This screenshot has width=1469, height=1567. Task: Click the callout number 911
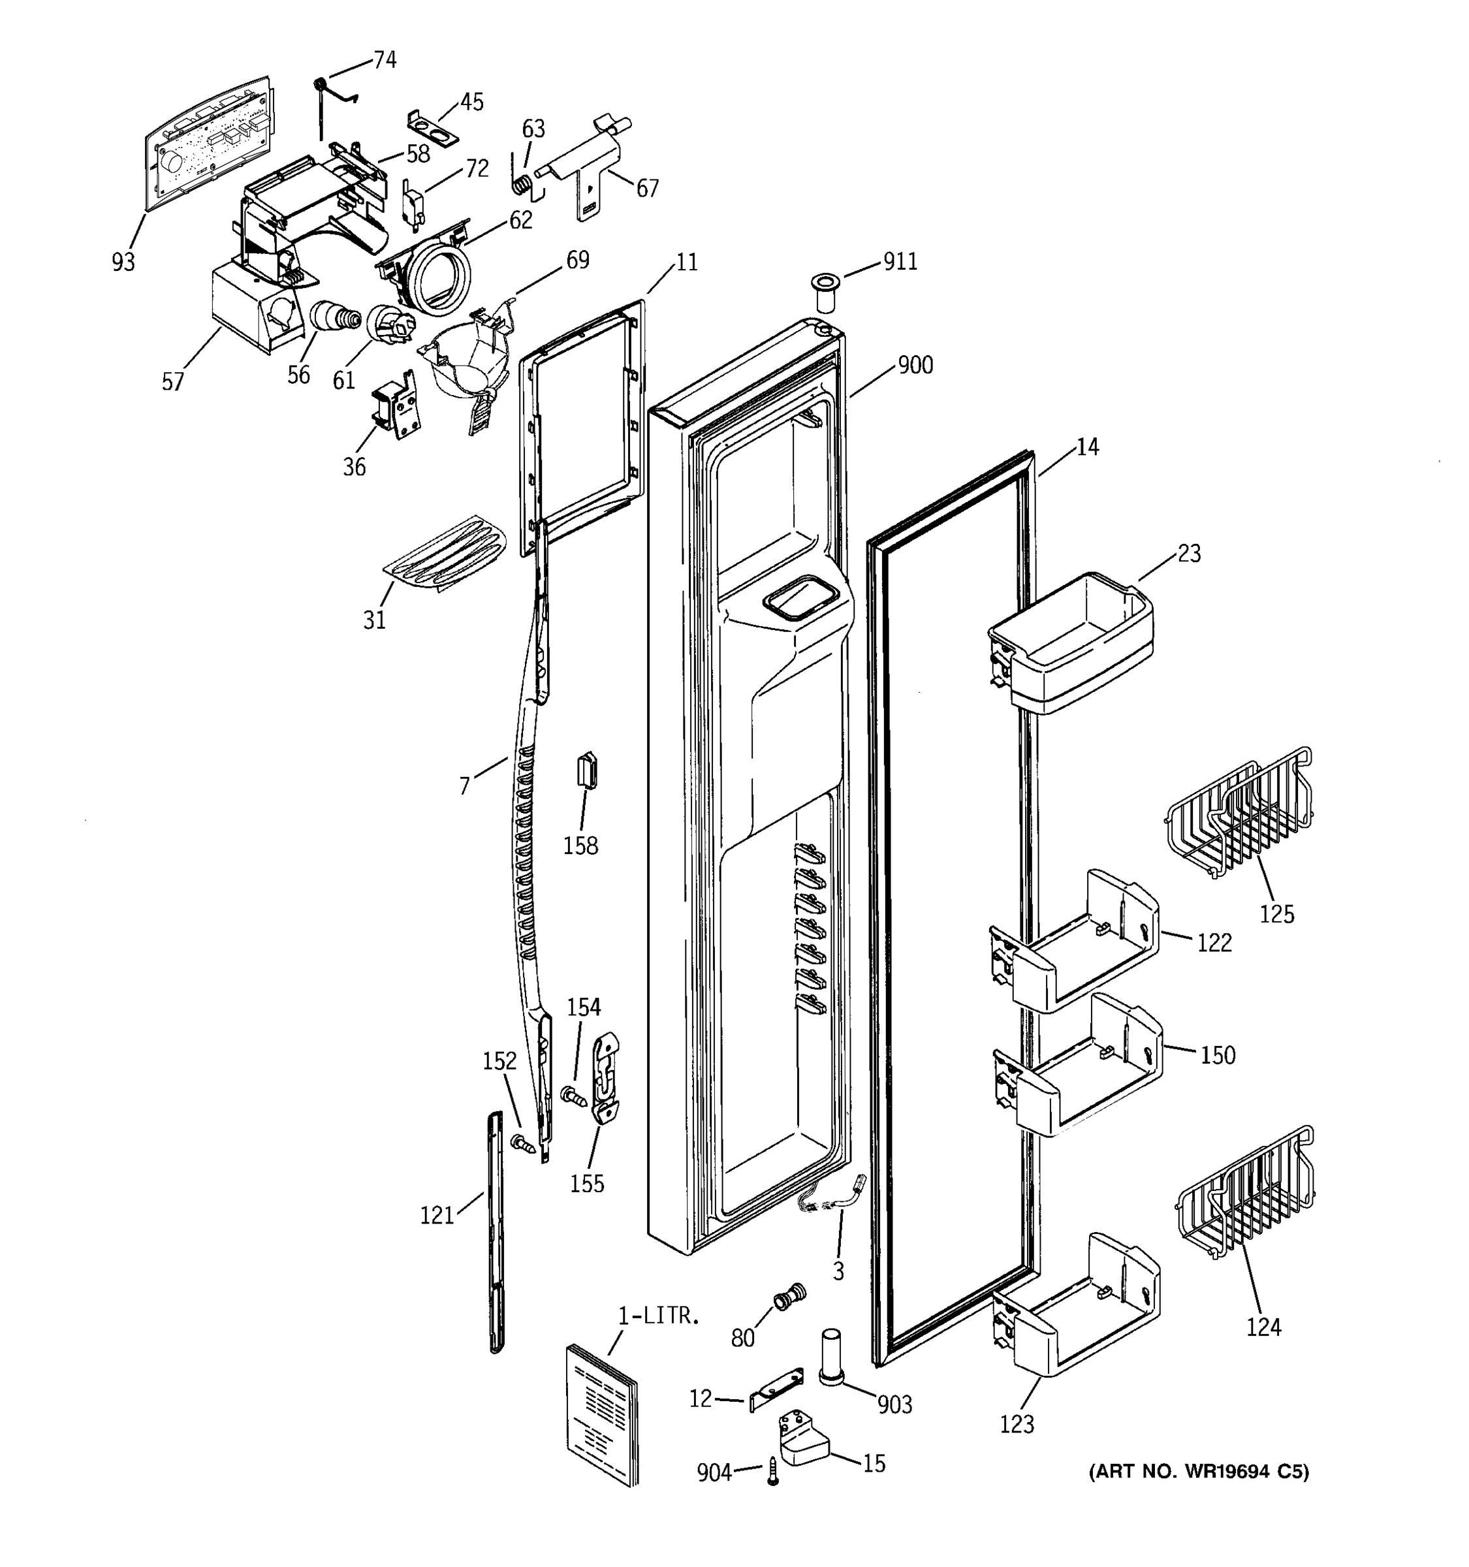[x=900, y=262]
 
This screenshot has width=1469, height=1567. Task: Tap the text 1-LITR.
[x=658, y=1316]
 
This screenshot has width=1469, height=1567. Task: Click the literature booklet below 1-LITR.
[x=601, y=1414]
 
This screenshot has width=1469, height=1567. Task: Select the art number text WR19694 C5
[x=1199, y=1471]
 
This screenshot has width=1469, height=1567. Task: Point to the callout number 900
[x=915, y=366]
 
